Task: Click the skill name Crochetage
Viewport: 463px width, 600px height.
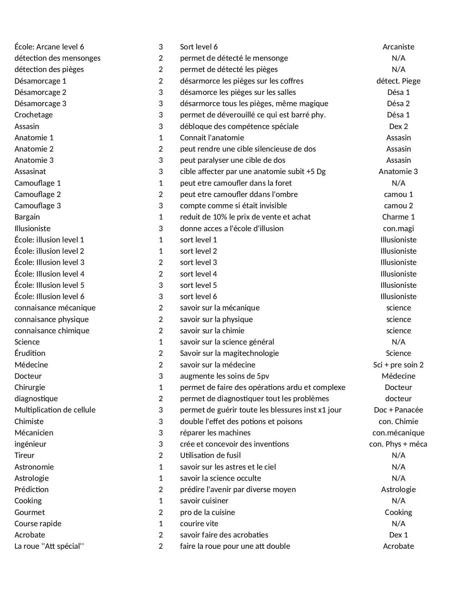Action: pyautogui.click(x=33, y=115)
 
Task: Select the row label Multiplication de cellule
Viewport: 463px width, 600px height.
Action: pyautogui.click(x=55, y=410)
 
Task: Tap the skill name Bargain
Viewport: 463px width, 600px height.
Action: pyautogui.click(x=27, y=217)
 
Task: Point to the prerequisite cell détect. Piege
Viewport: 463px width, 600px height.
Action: pyautogui.click(x=398, y=81)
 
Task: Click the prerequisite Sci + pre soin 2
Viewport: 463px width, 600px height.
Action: pyautogui.click(x=398, y=365)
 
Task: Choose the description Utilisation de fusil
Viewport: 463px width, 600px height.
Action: pyautogui.click(x=210, y=455)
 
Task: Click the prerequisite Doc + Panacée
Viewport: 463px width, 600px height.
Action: pyautogui.click(x=398, y=410)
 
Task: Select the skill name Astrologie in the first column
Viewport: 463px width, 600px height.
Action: pyautogui.click(x=32, y=478)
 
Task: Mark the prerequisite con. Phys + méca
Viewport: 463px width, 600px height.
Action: pyautogui.click(x=398, y=444)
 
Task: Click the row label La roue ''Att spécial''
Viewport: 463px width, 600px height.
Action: pyautogui.click(x=49, y=546)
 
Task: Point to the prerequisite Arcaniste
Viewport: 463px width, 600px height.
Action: pyautogui.click(x=398, y=47)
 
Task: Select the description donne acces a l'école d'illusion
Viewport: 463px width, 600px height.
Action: pyautogui.click(x=232, y=229)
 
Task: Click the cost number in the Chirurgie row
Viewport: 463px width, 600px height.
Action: pyautogui.click(x=161, y=387)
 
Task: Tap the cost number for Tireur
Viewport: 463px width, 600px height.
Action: pyautogui.click(x=161, y=455)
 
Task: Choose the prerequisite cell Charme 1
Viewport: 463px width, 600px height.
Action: pyautogui.click(x=398, y=217)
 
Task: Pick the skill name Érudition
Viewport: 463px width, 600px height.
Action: pyautogui.click(x=30, y=353)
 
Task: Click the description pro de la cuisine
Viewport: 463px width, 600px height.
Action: pyautogui.click(x=207, y=512)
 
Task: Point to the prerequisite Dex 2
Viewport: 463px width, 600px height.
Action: pyautogui.click(x=398, y=126)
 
